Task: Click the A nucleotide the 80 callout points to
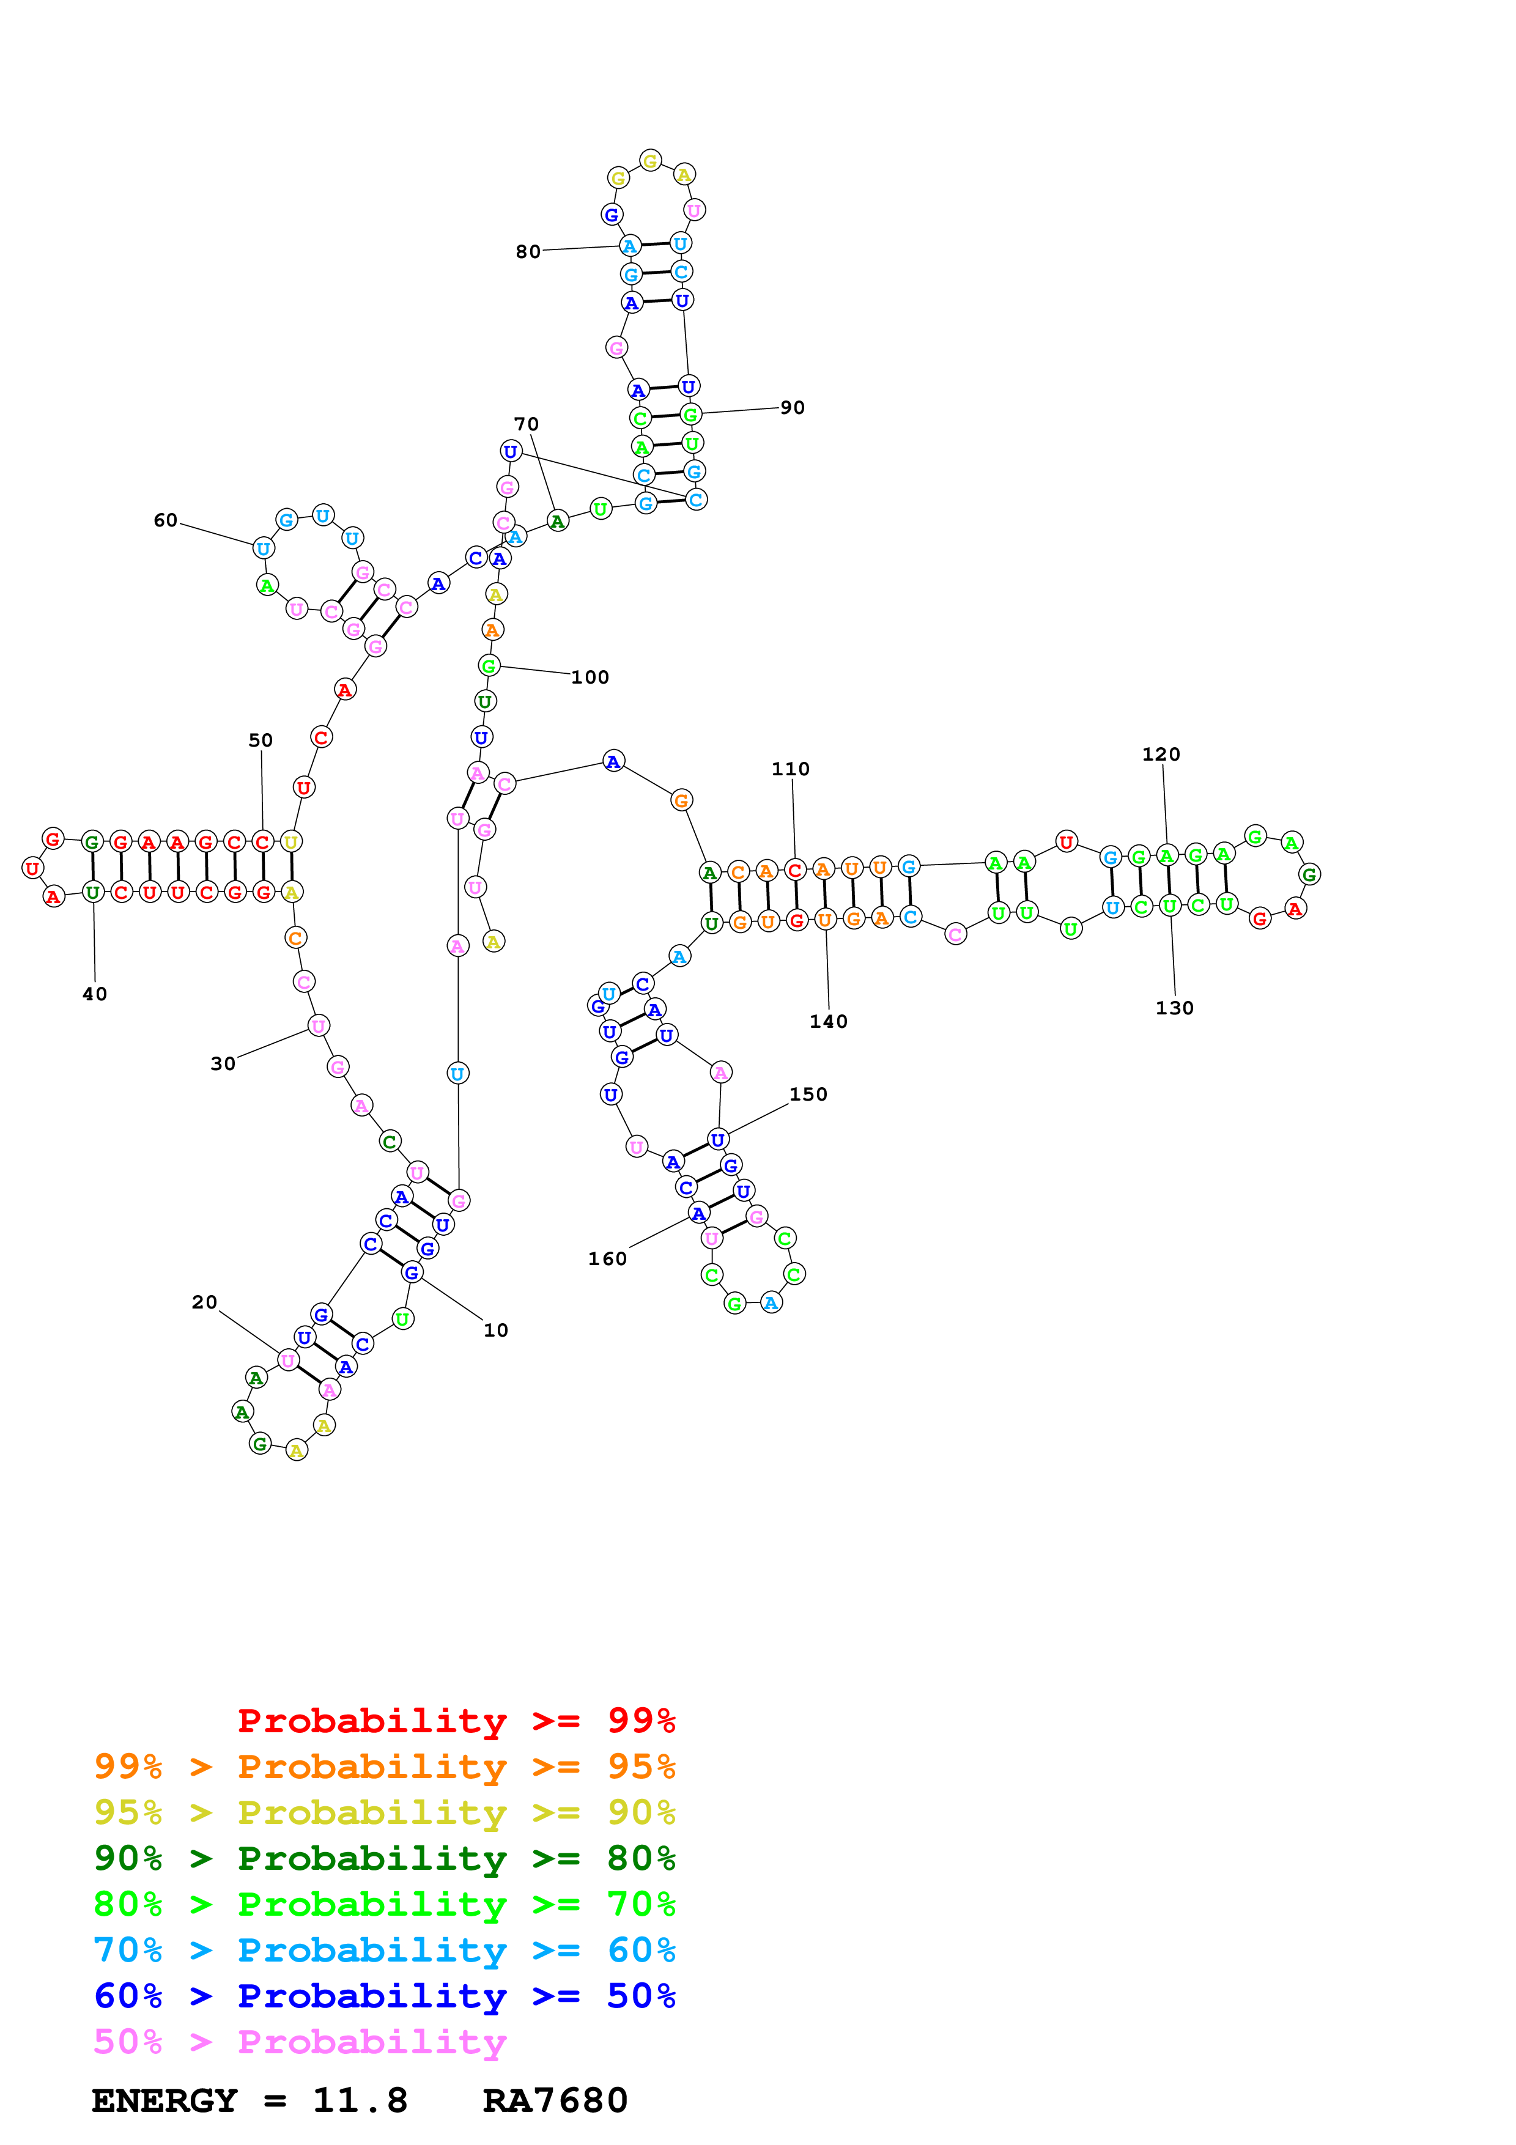[x=629, y=246]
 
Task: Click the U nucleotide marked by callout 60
[x=264, y=549]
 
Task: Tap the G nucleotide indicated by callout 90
[x=690, y=414]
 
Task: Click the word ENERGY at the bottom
[x=165, y=2100]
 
